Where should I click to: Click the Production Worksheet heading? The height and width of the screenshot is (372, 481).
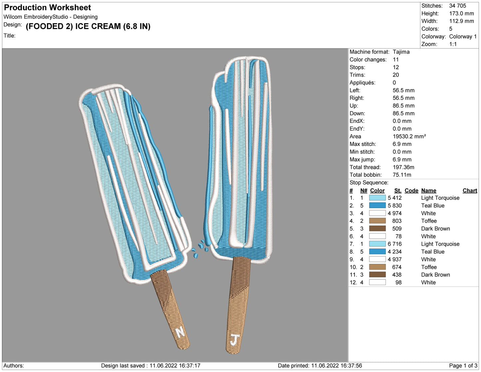47,7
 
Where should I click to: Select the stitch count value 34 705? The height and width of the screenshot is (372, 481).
457,6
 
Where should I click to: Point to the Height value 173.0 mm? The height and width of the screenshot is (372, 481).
461,13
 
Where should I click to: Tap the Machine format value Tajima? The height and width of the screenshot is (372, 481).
401,52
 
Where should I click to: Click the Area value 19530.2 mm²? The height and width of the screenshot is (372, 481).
409,136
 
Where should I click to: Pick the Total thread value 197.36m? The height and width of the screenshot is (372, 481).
403,167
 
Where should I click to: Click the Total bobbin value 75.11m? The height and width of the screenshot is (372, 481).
402,175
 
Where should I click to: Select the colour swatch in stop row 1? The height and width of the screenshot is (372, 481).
377,198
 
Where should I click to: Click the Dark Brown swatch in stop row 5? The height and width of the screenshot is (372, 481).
377,228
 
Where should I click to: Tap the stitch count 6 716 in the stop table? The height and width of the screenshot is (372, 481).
394,244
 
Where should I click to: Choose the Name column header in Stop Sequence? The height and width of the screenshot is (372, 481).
428,190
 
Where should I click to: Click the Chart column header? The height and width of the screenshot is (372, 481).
470,190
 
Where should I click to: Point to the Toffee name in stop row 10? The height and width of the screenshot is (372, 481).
429,267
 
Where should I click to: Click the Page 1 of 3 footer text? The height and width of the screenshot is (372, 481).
463,366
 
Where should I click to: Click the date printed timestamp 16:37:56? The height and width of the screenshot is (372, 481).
350,366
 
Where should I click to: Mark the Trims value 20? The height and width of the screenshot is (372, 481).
396,75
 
